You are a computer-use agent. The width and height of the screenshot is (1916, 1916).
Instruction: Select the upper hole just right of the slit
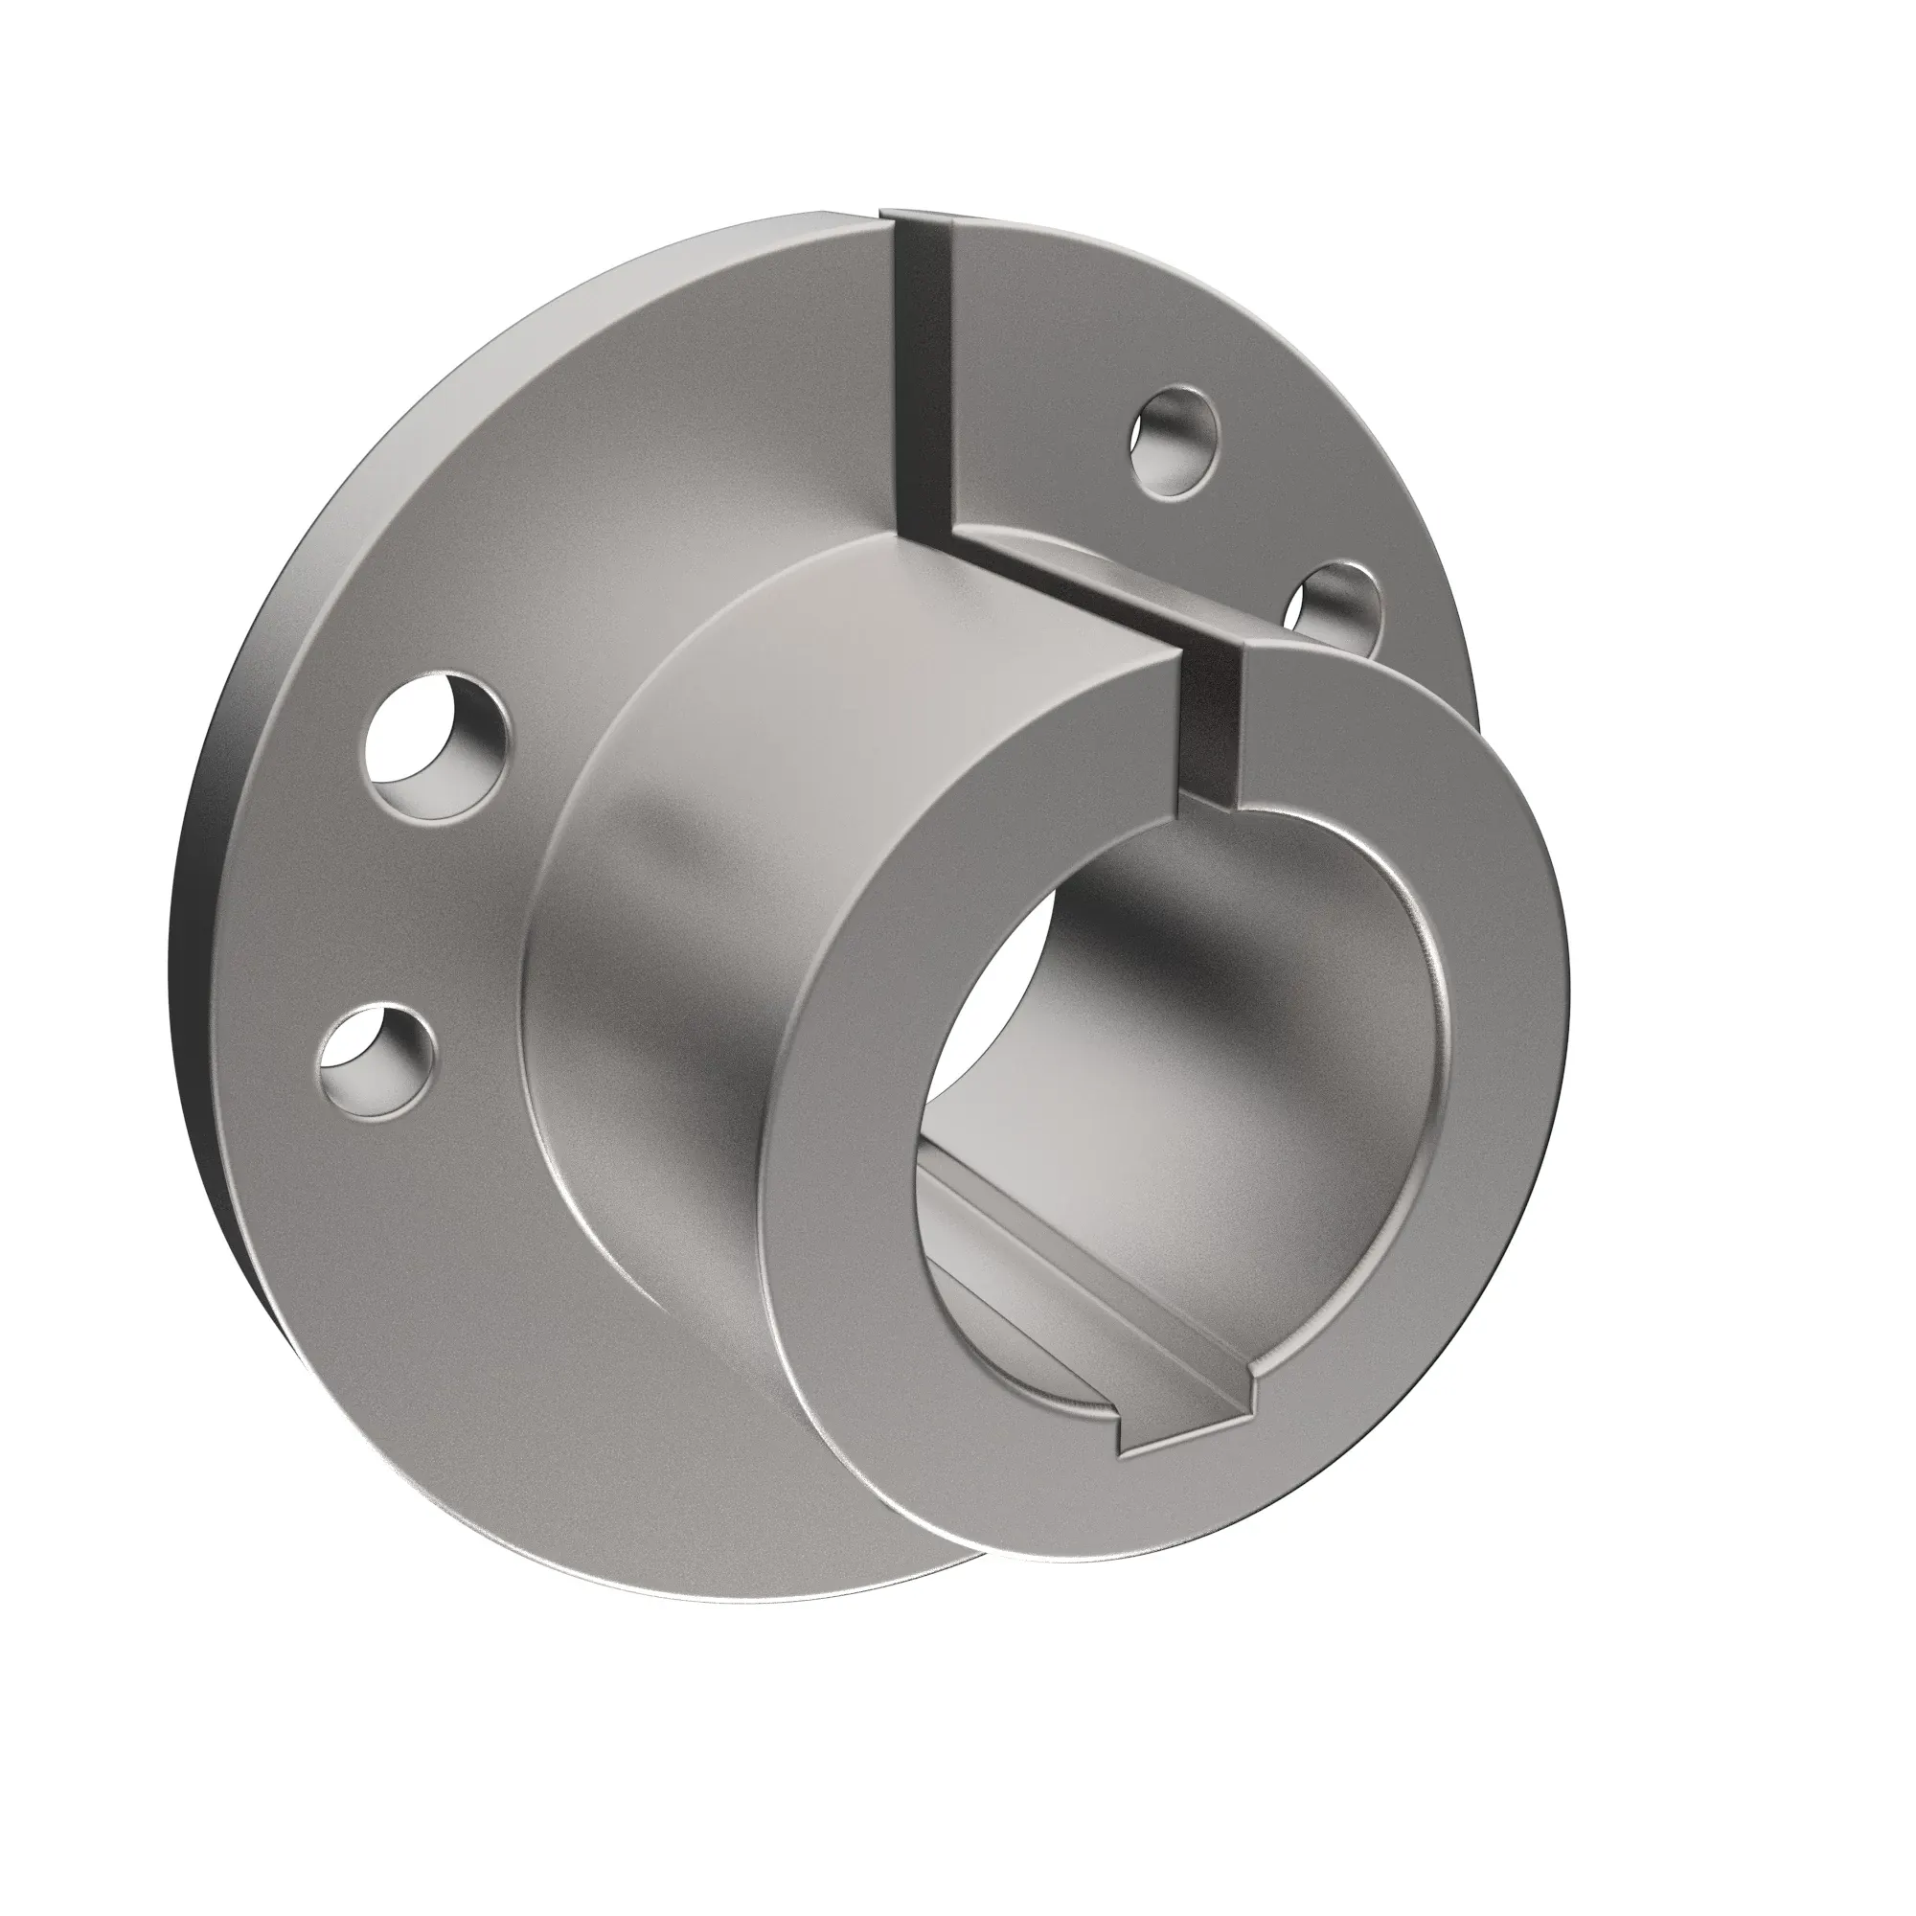coord(1175,440)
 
